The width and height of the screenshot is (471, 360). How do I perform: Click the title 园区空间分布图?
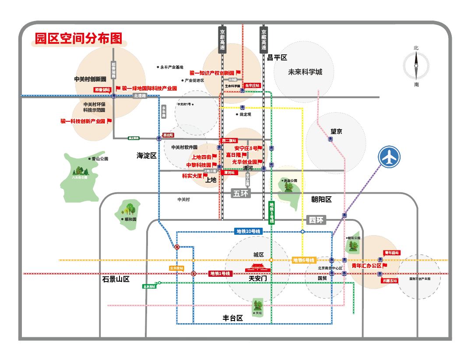click(78, 39)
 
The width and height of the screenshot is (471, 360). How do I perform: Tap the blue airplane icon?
click(389, 157)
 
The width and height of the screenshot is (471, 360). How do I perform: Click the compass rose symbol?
click(416, 65)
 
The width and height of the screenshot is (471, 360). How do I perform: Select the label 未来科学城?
click(305, 72)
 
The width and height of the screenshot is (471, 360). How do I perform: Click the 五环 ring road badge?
click(241, 193)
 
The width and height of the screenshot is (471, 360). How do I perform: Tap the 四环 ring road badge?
click(316, 220)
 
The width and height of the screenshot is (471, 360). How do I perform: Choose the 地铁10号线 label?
click(248, 231)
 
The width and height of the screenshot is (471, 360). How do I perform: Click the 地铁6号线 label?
click(304, 260)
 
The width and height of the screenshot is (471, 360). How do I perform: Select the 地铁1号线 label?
click(220, 273)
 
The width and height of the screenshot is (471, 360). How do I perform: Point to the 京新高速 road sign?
click(222, 40)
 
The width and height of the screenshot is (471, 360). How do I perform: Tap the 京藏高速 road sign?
click(264, 40)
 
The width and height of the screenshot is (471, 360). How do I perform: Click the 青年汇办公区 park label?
click(367, 265)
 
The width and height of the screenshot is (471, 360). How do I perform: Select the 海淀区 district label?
click(146, 155)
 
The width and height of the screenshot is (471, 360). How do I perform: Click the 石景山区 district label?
click(116, 279)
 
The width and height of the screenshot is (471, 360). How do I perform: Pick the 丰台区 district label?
click(233, 318)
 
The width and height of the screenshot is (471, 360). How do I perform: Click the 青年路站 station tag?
click(392, 253)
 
